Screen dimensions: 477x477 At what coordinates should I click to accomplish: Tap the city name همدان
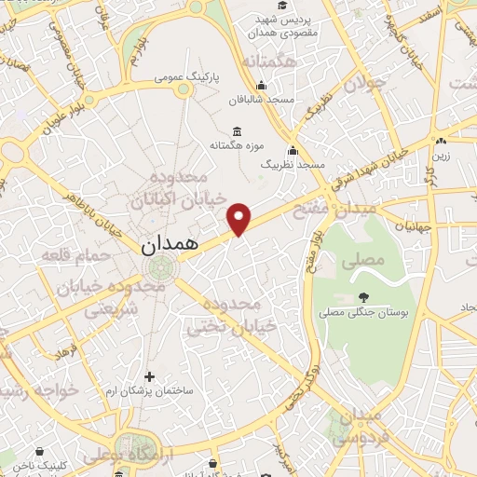point(170,245)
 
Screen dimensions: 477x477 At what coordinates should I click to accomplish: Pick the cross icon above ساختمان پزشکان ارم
point(149,376)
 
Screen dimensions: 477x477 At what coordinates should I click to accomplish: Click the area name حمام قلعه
point(76,253)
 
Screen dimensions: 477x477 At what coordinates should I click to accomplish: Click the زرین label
point(440,156)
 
